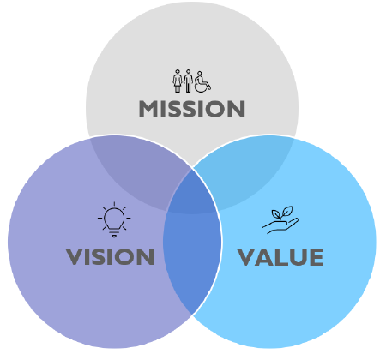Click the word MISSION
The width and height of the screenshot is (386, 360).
click(192, 109)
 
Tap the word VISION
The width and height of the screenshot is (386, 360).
click(110, 256)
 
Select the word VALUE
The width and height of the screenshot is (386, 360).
click(280, 257)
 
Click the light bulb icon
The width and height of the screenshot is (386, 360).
click(114, 219)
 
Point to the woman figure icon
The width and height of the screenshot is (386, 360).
click(178, 81)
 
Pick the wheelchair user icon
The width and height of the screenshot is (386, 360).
click(202, 82)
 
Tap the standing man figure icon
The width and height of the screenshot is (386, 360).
click(188, 81)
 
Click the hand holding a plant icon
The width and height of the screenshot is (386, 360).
click(280, 220)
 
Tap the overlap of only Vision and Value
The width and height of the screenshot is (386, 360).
click(191, 257)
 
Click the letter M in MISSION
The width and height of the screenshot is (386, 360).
click(148, 109)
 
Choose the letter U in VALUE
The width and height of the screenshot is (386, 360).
click(298, 258)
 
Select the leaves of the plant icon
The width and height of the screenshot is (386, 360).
click(282, 213)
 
